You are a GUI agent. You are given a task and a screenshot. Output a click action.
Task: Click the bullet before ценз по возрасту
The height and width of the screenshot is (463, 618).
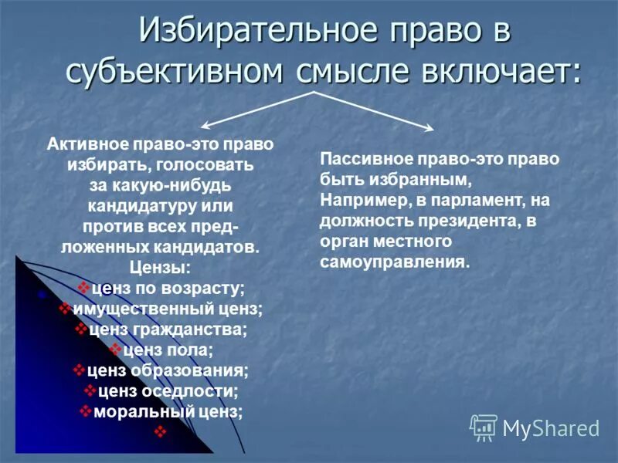click(x=83, y=289)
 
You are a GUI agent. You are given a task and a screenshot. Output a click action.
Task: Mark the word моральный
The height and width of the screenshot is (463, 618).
click(x=134, y=411)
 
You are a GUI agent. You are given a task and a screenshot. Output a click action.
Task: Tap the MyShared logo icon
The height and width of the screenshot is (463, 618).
click(x=484, y=427)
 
